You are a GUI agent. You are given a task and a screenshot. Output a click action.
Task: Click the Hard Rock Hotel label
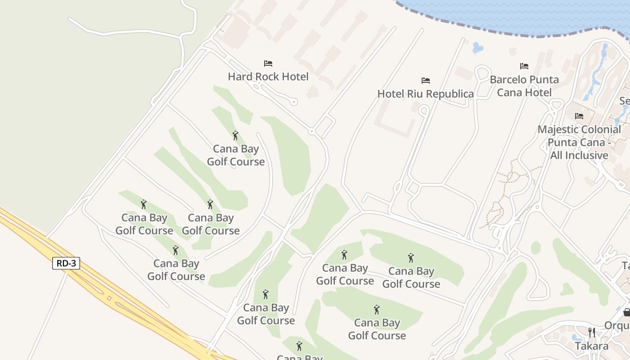pyautogui.click(x=268, y=76)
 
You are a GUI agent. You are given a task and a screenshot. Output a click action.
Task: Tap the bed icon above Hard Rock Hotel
pyautogui.click(x=268, y=63)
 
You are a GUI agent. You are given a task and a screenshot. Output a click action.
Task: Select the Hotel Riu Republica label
pyautogui.click(x=425, y=94)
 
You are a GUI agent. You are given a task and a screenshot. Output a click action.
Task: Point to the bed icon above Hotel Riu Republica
pyautogui.click(x=426, y=81)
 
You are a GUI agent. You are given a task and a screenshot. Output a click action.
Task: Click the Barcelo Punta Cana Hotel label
pyautogui.click(x=524, y=86)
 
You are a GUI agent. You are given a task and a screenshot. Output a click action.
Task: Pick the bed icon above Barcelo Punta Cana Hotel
pyautogui.click(x=524, y=66)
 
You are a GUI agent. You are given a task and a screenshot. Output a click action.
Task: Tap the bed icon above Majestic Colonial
pyautogui.click(x=579, y=116)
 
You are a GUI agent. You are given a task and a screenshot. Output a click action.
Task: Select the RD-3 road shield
pyautogui.click(x=66, y=263)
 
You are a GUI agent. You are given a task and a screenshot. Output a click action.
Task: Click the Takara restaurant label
pyautogui.click(x=592, y=346)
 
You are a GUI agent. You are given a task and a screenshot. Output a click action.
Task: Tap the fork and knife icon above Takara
pyautogui.click(x=592, y=333)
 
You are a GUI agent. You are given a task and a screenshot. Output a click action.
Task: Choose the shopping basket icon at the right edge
pyautogui.click(x=626, y=312)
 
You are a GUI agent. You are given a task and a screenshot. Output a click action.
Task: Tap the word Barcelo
pyautogui.click(x=507, y=80)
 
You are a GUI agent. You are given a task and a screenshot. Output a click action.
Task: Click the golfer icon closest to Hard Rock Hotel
pyautogui.click(x=235, y=135)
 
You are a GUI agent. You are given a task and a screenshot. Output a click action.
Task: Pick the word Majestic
pyautogui.click(x=558, y=130)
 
